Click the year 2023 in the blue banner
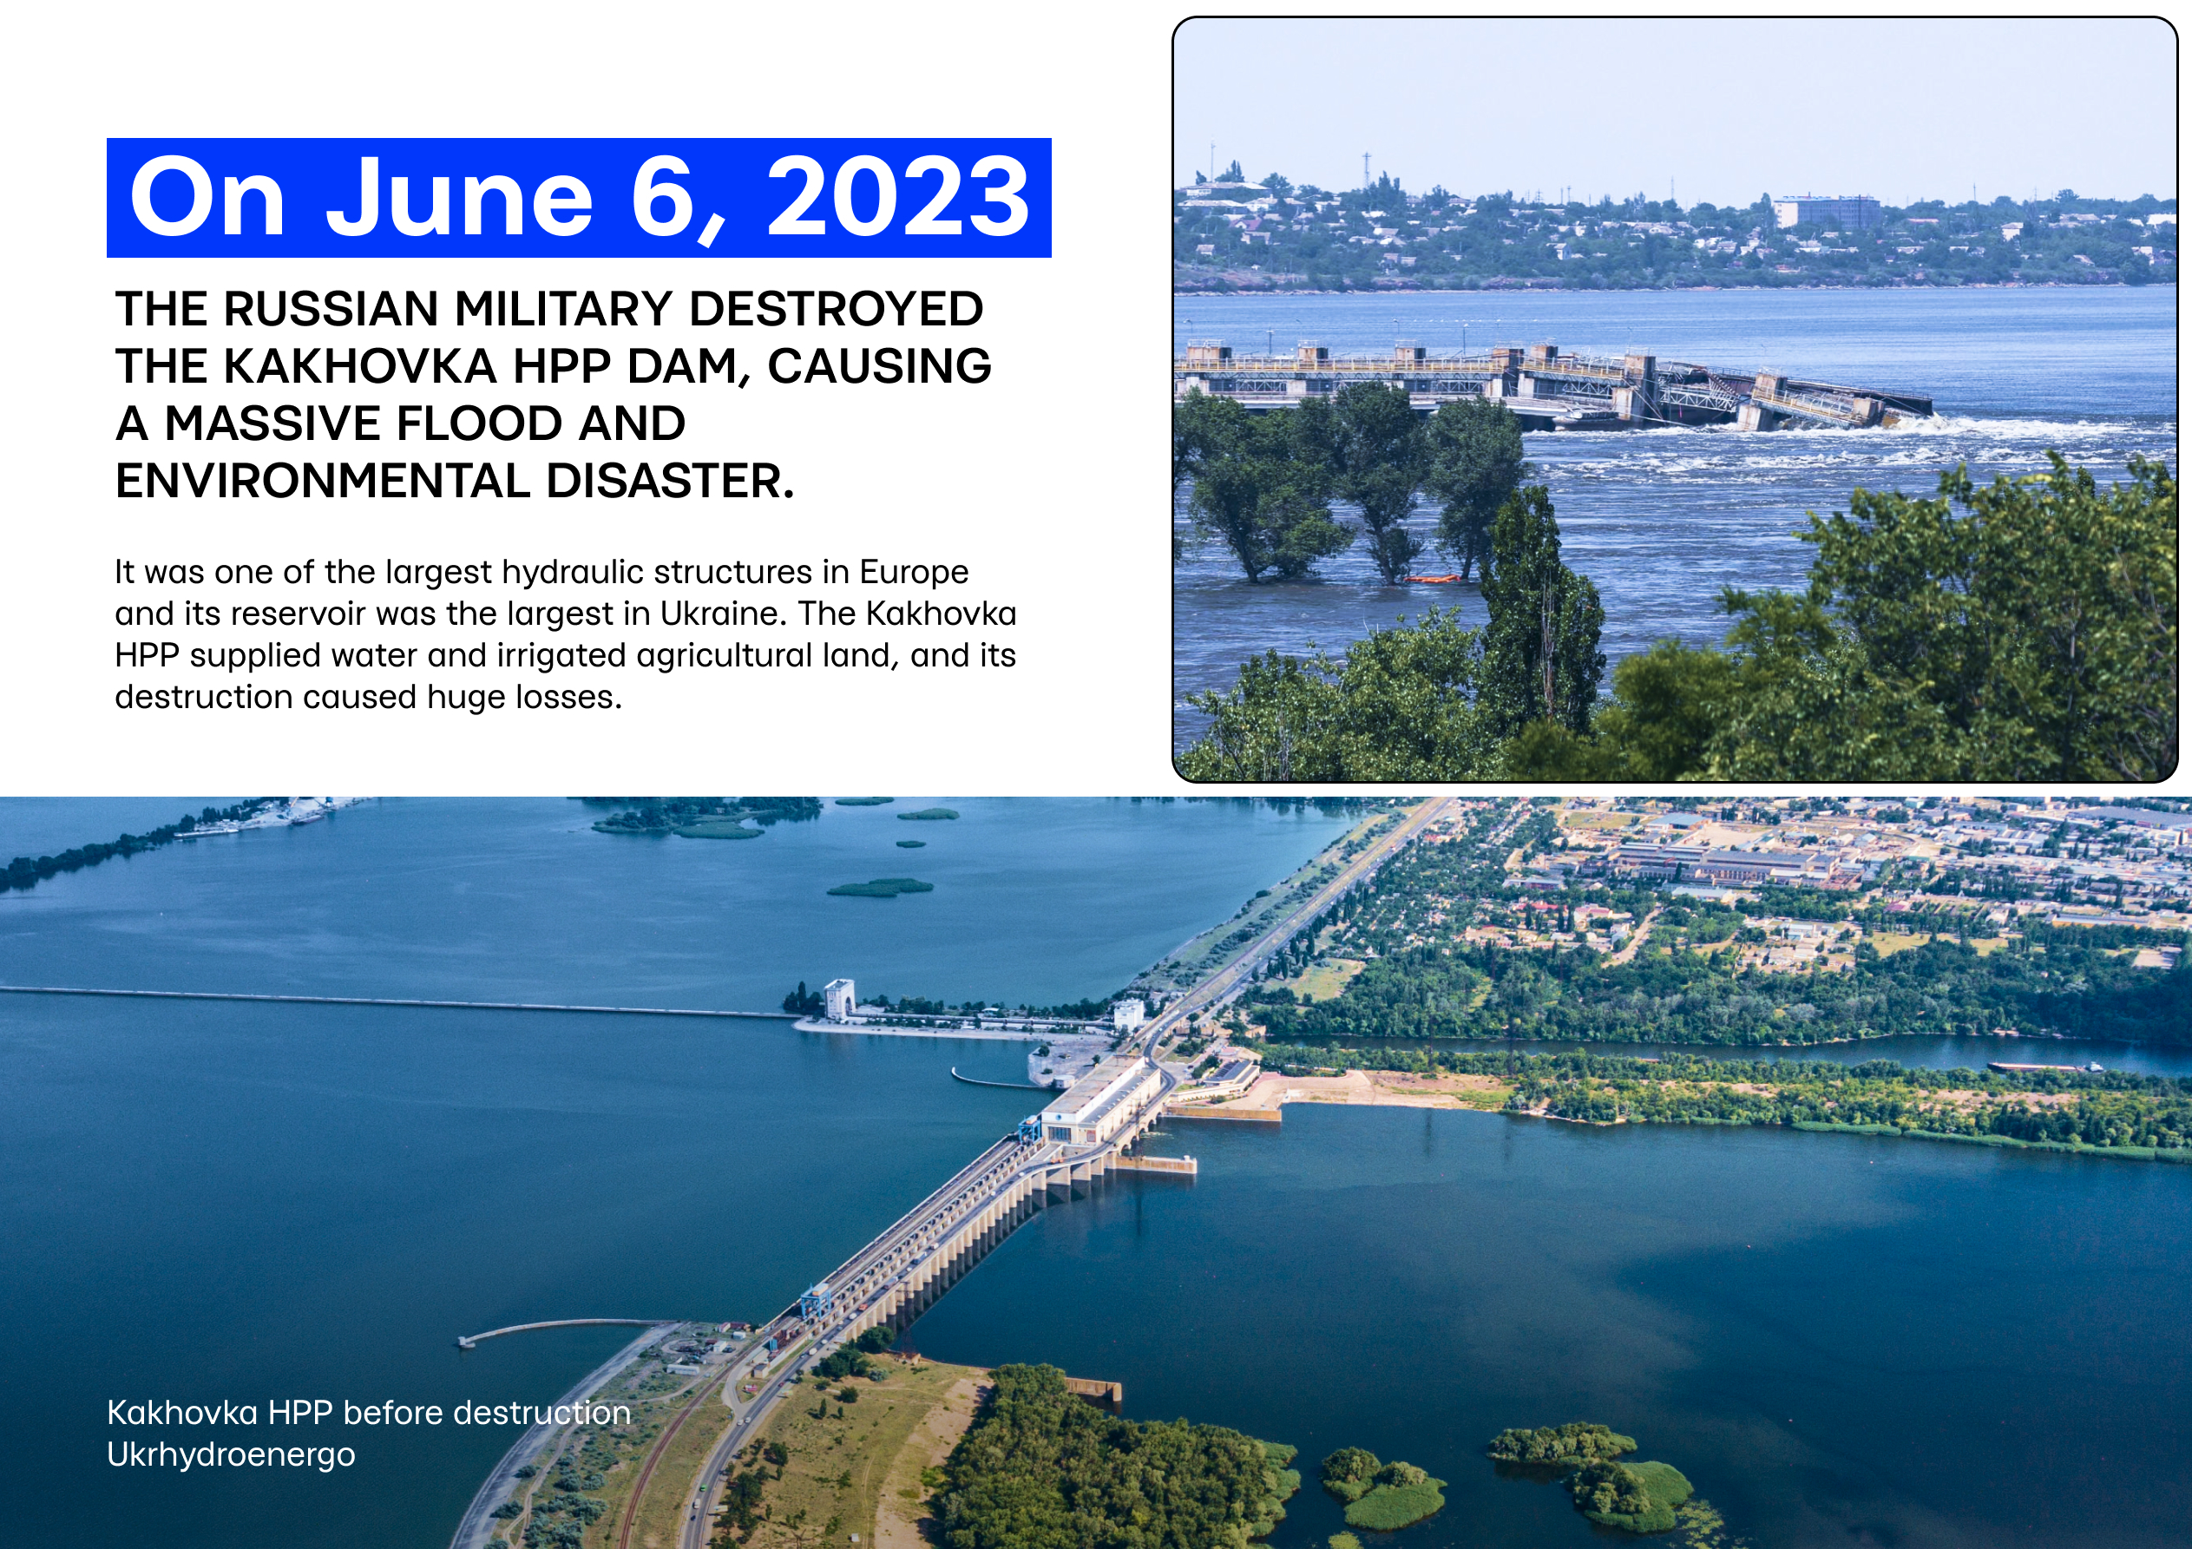897,197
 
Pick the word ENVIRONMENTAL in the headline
322,482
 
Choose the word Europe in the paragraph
914,572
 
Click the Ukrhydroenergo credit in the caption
230,1455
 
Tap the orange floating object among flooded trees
1432,578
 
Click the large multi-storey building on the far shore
1827,212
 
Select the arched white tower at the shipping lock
838,999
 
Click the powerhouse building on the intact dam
1101,1101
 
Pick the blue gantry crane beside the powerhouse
1029,1131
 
